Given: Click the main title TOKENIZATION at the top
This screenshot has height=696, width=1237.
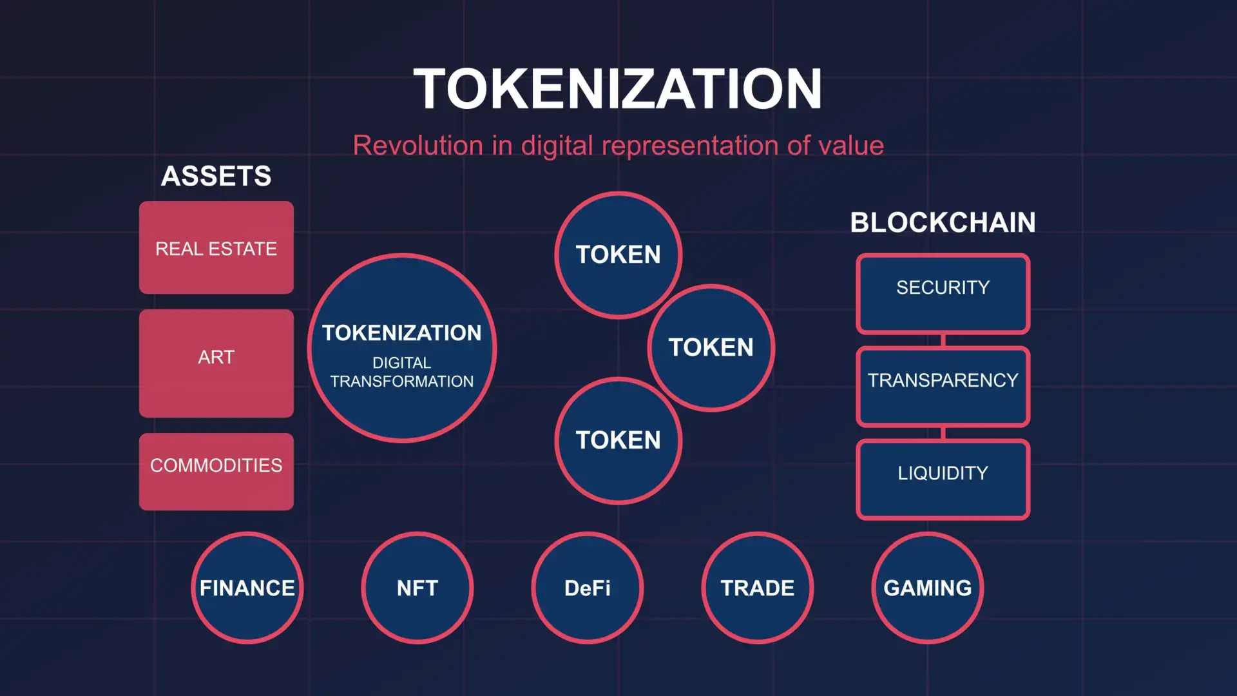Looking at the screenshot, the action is tap(618, 89).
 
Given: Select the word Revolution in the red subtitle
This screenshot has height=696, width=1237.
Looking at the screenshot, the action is tap(418, 145).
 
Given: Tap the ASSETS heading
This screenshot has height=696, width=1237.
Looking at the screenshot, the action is tap(216, 176).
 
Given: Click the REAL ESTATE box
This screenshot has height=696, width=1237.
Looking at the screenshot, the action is tap(216, 247).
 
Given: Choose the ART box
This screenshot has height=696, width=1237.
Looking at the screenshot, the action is tap(216, 363).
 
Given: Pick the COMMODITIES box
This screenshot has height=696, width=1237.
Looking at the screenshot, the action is tap(216, 472).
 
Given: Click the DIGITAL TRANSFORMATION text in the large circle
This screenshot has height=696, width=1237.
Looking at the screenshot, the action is tap(402, 372).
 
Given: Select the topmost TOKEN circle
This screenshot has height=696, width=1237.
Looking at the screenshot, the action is tap(618, 255).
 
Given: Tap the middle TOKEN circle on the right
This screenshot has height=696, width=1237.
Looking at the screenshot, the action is tap(711, 348).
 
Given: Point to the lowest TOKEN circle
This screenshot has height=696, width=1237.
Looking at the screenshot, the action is tap(618, 441).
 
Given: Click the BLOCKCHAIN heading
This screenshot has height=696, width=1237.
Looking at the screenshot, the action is tap(943, 222).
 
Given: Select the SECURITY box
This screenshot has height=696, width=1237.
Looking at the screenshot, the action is tap(943, 294).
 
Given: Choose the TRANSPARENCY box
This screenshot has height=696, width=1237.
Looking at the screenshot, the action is tap(943, 387).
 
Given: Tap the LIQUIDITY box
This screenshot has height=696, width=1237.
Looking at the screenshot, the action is tap(943, 479).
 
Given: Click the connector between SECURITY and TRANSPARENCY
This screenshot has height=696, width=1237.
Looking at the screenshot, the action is tap(943, 340).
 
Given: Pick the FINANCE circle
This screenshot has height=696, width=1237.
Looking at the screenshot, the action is tap(247, 588).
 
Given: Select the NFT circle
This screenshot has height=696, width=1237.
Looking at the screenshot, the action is tap(417, 588).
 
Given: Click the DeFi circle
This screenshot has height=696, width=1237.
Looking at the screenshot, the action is tap(588, 588).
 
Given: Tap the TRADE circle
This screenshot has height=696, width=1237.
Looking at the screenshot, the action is tap(758, 588).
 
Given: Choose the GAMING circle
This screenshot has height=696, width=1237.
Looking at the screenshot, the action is tap(928, 588).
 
